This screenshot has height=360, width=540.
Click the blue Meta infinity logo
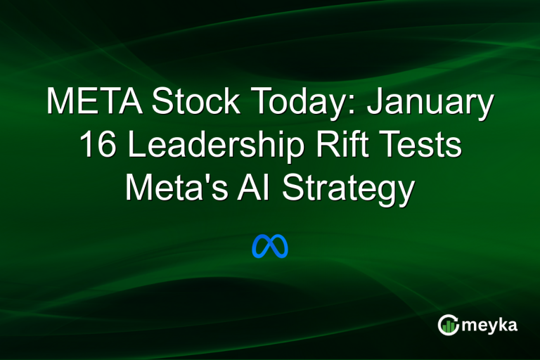coord(270,246)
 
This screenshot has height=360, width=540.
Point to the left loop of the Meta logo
coord(261,247)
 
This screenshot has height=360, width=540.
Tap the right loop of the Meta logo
coord(280,247)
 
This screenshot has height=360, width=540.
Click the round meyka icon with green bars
coord(448,324)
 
